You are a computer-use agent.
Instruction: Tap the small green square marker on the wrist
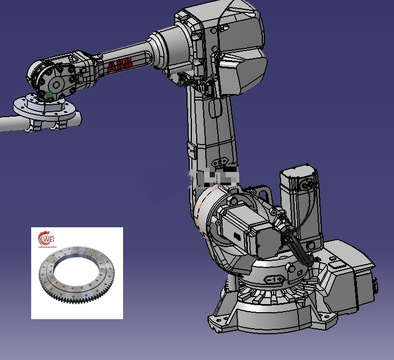(49, 95)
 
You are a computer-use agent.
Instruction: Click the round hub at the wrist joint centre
(56, 84)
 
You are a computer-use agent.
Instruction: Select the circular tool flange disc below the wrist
(46, 107)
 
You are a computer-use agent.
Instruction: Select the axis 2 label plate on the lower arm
(220, 161)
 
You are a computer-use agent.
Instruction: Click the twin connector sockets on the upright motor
(307, 185)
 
